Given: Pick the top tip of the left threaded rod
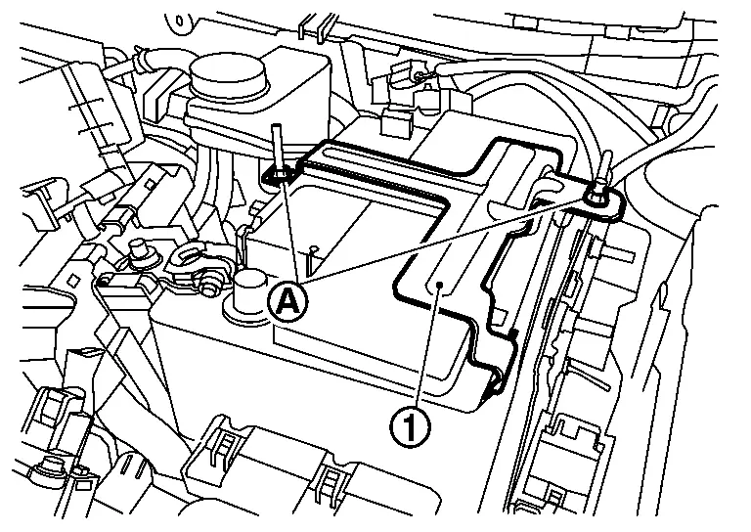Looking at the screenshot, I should (278, 127).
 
